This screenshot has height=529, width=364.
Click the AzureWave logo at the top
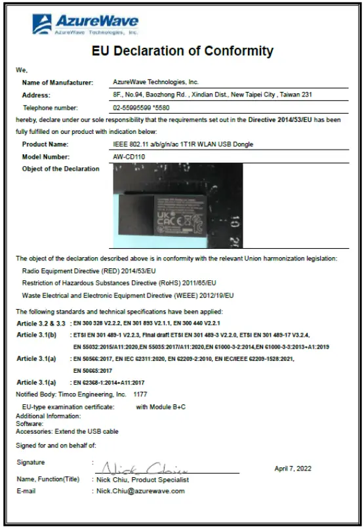coord(85,24)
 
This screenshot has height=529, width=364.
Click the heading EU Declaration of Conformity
coord(182,51)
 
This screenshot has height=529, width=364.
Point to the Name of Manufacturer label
coord(57,82)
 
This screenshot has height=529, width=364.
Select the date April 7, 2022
coord(293,469)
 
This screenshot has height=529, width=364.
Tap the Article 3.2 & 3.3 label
coord(41,324)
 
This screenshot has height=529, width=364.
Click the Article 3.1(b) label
coord(36,335)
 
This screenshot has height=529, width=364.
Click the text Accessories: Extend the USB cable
coord(67,431)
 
